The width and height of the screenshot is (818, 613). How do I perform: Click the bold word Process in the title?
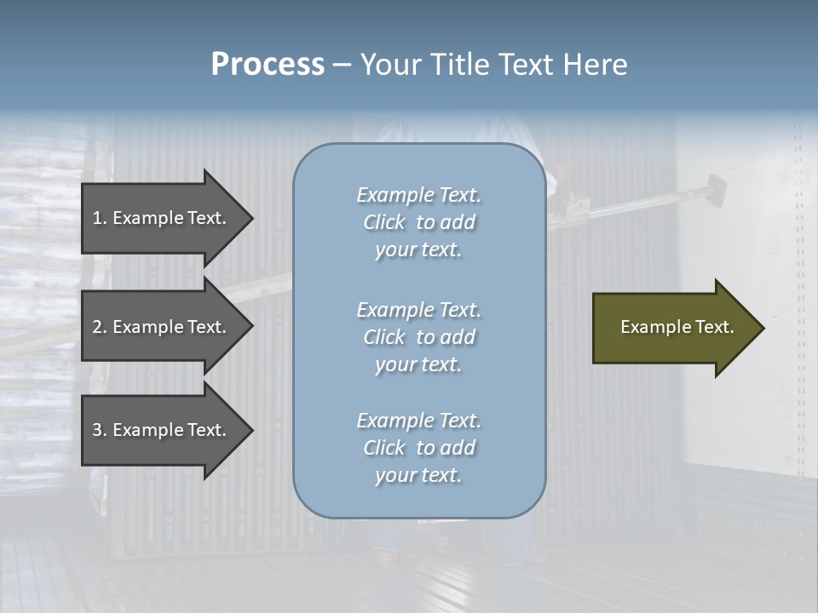[x=268, y=65]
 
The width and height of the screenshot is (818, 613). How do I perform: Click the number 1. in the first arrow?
[x=99, y=218]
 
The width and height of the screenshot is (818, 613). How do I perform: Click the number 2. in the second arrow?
[x=99, y=327]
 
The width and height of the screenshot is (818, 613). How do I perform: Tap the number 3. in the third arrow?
[x=99, y=430]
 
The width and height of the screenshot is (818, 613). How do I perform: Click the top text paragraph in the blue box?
[x=418, y=222]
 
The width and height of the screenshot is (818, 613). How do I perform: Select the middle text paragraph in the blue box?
[x=418, y=337]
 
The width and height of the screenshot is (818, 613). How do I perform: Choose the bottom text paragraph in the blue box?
[x=418, y=448]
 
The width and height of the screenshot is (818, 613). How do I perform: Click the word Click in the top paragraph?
[x=384, y=222]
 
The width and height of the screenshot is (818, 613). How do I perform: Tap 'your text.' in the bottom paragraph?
[x=418, y=476]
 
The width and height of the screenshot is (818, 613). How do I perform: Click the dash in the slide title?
[x=342, y=65]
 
